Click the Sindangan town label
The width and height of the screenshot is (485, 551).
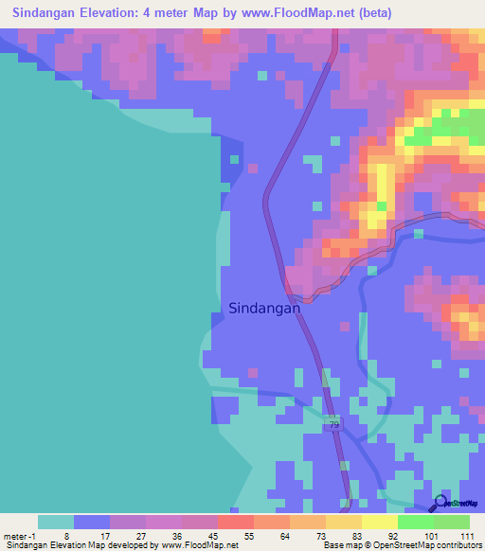pyautogui.click(x=264, y=308)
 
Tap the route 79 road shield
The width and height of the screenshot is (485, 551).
pyautogui.click(x=333, y=424)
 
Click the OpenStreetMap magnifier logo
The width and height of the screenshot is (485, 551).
pyautogui.click(x=440, y=502)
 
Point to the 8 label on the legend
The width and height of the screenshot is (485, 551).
pyautogui.click(x=67, y=535)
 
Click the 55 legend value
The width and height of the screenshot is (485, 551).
pyautogui.click(x=248, y=535)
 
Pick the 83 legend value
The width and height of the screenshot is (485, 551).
pyautogui.click(x=357, y=535)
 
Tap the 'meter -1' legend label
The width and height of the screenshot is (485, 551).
pyautogui.click(x=22, y=535)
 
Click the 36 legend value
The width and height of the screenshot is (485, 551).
pyautogui.click(x=176, y=535)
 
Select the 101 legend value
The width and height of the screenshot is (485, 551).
pyautogui.click(x=431, y=535)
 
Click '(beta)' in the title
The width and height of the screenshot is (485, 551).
pyautogui.click(x=372, y=13)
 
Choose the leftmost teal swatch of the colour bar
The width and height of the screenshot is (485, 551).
pyautogui.click(x=56, y=522)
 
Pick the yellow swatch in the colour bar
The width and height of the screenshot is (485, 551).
pyautogui.click(x=379, y=522)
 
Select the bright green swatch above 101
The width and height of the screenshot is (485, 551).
pyautogui.click(x=415, y=522)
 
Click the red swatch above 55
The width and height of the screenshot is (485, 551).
pyautogui.click(x=235, y=522)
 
